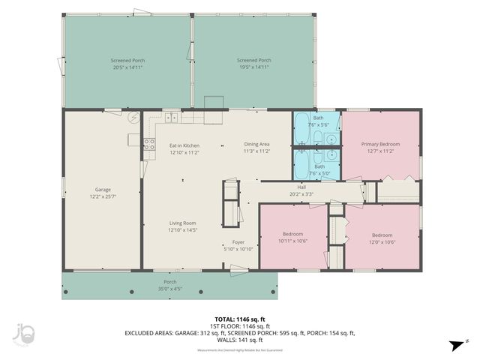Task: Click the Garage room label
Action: click(x=103, y=193)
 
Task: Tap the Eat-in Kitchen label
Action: click(x=184, y=148)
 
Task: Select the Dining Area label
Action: click(x=256, y=147)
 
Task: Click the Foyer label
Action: click(x=238, y=245)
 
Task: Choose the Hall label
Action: click(x=301, y=190)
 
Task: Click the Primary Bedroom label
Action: click(x=380, y=147)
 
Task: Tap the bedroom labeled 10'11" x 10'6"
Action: click(x=292, y=237)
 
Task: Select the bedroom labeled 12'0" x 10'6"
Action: click(x=382, y=238)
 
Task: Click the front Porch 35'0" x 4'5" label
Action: click(x=170, y=285)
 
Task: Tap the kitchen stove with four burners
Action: click(x=149, y=144)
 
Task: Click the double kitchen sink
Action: click(x=172, y=117)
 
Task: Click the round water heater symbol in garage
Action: click(x=133, y=118)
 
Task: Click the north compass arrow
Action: click(x=454, y=345)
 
